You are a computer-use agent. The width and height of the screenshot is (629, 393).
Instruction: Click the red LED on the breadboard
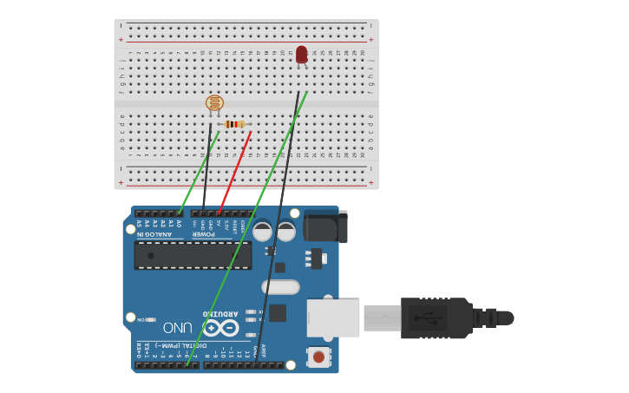click(301, 55)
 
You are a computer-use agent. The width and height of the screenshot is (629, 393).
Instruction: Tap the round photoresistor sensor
click(214, 103)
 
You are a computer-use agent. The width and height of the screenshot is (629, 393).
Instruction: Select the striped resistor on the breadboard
click(233, 124)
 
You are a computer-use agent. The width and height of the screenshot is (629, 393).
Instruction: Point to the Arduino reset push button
click(319, 357)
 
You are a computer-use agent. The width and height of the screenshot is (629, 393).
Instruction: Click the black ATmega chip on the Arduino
click(193, 255)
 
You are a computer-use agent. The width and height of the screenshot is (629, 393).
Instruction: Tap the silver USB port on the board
click(333, 318)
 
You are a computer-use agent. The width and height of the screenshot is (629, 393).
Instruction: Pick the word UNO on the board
click(177, 328)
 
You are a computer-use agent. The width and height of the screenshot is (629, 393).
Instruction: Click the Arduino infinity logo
click(220, 328)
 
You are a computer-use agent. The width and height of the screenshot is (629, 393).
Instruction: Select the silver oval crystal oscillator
click(280, 286)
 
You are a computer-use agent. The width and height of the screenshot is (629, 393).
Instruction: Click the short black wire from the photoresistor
click(207, 165)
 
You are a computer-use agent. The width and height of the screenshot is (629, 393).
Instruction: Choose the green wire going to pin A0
click(198, 174)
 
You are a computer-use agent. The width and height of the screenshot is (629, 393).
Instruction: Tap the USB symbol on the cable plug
click(428, 318)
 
